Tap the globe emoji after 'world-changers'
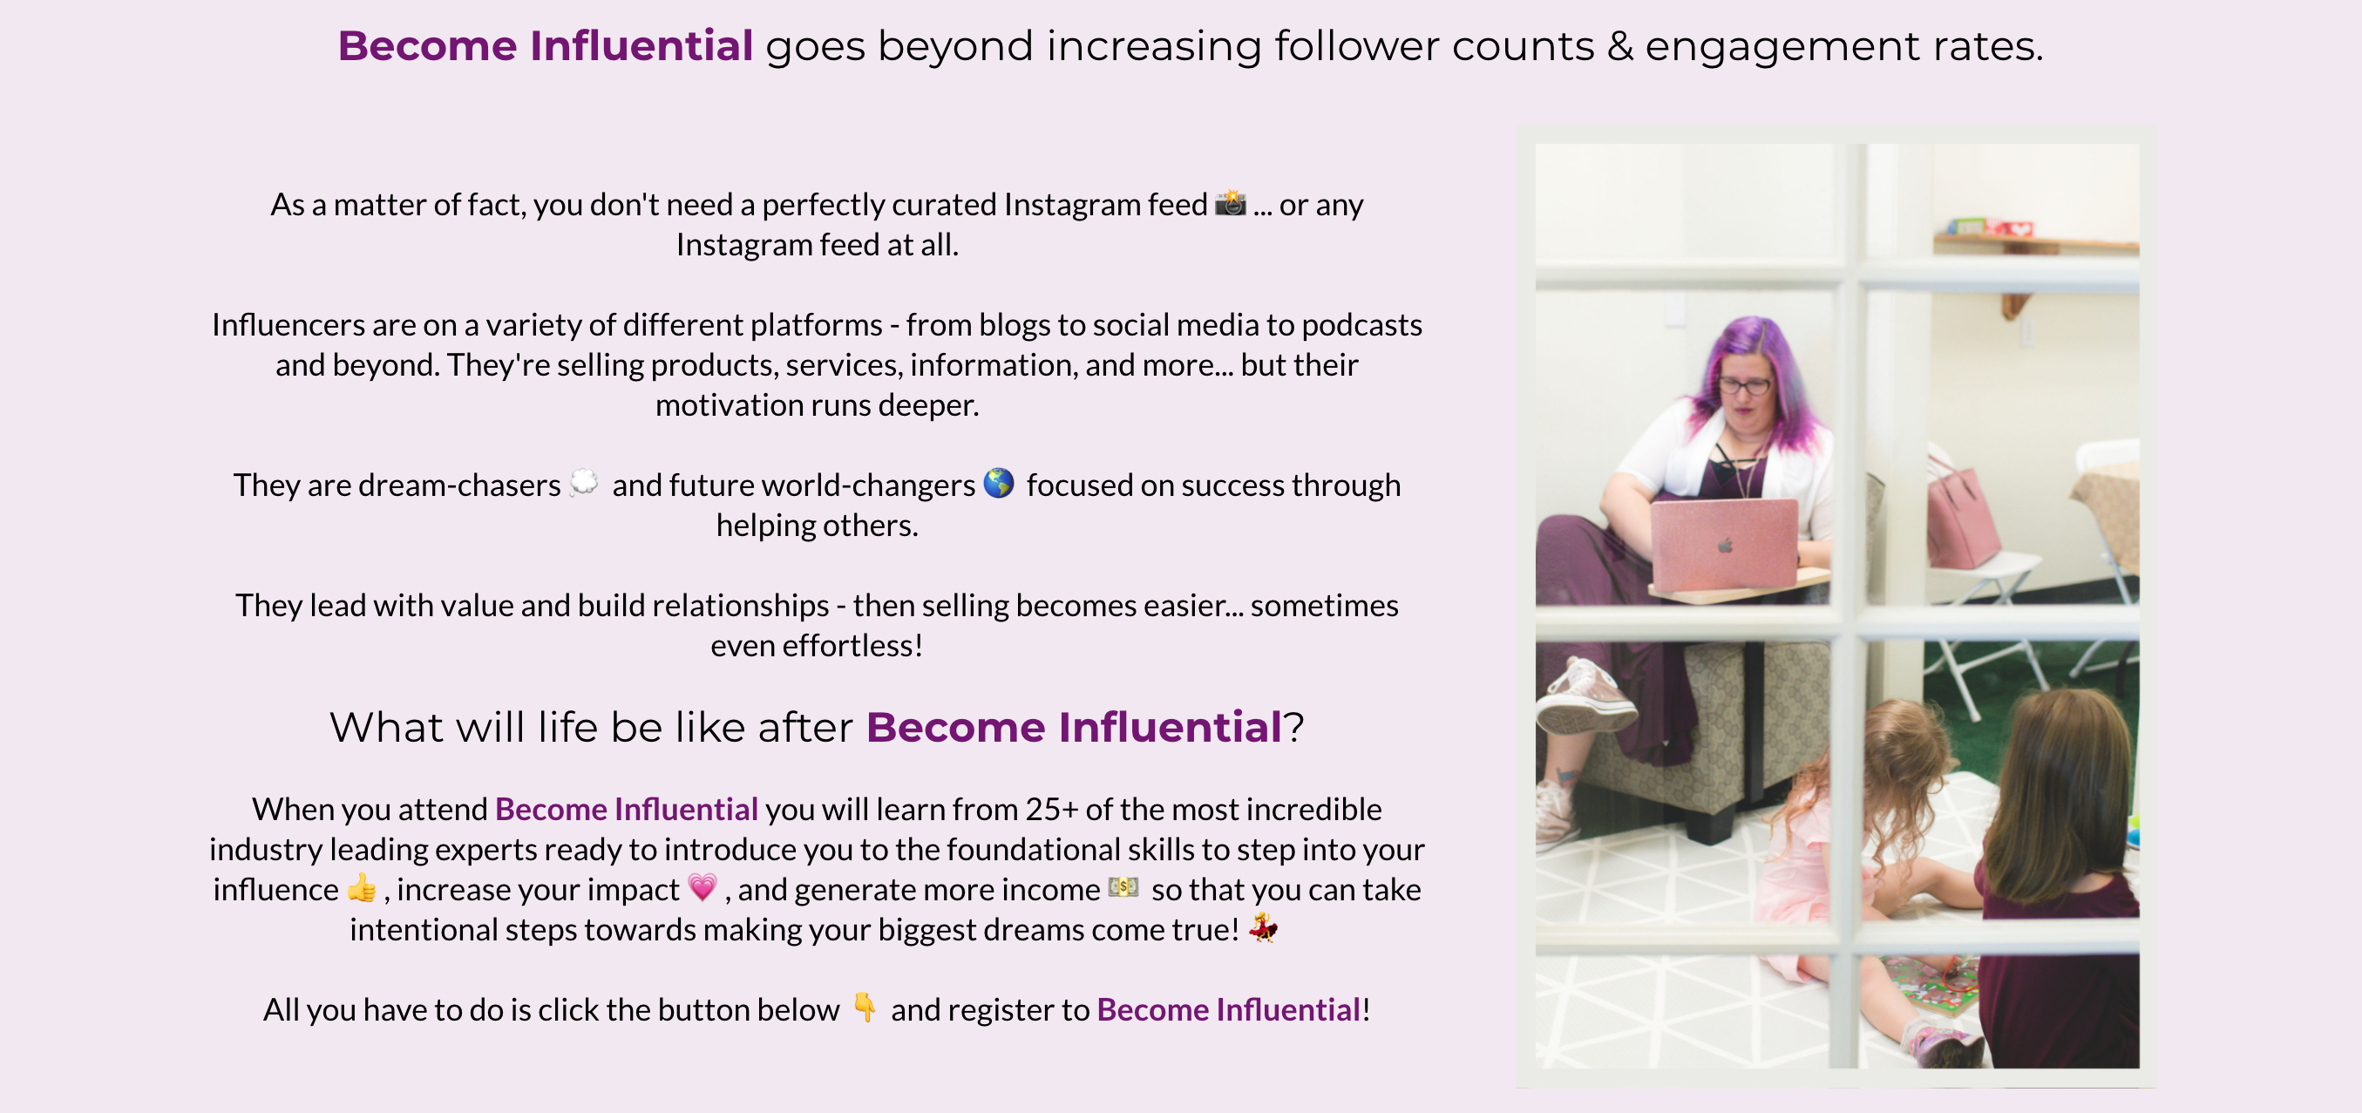tap(999, 482)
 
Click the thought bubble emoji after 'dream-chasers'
tap(584, 482)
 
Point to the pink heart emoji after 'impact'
tap(702, 887)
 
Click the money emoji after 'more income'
tap(1123, 886)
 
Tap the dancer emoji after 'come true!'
tap(1264, 928)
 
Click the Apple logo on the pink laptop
tap(1726, 546)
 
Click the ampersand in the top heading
tap(1620, 46)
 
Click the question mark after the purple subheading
tap(1293, 727)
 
